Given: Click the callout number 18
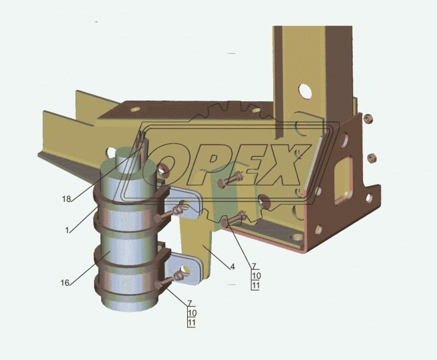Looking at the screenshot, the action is point(67,199).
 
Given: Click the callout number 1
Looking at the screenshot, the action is point(67,230).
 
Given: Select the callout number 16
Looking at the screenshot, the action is point(65,283).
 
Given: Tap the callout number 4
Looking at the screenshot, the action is point(232,267).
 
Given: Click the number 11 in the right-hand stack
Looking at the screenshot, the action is point(255,285).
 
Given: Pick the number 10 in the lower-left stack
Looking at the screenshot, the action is point(192,313).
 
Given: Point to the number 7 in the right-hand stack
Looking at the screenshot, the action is point(254,266).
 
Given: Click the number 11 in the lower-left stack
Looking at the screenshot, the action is point(191,323).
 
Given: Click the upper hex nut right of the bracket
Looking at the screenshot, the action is point(369,119).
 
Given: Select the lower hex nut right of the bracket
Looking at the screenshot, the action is point(372,158).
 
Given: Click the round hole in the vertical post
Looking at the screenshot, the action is point(305,91).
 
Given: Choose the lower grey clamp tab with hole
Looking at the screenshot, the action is point(183,268).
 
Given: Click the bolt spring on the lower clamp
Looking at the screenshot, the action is point(177,277).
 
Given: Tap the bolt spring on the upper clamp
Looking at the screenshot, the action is point(179,210).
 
